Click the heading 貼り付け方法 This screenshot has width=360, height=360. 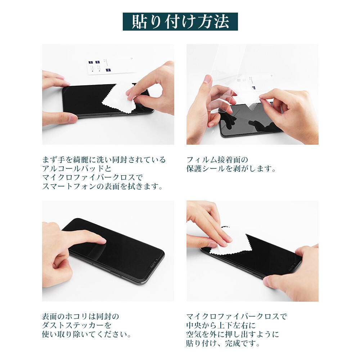pyautogui.click(x=180, y=22)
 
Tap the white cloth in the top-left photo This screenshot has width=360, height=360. pyautogui.click(x=121, y=99)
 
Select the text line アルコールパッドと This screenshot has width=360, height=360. pyautogui.click(x=77, y=168)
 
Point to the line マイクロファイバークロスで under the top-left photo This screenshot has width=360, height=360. pyautogui.click(x=92, y=177)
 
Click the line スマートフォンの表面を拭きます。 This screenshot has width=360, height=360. pyautogui.click(x=102, y=186)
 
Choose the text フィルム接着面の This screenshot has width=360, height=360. pyautogui.click(x=217, y=159)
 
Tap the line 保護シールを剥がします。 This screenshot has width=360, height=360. pyautogui.click(x=231, y=168)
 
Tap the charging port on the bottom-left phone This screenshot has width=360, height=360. pyautogui.click(x=153, y=265)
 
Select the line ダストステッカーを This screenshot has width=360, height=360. pyautogui.click(x=77, y=325)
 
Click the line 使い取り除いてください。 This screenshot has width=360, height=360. pyautogui.click(x=87, y=334)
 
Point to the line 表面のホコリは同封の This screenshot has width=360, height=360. pyautogui.click(x=81, y=316)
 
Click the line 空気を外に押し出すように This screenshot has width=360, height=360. pyautogui.click(x=233, y=334)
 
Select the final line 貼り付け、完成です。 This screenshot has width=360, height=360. pyautogui.click(x=223, y=343)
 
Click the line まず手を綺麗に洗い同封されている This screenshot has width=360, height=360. pyautogui.click(x=104, y=159)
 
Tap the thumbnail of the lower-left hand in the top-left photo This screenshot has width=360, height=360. pyautogui.click(x=73, y=118)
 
